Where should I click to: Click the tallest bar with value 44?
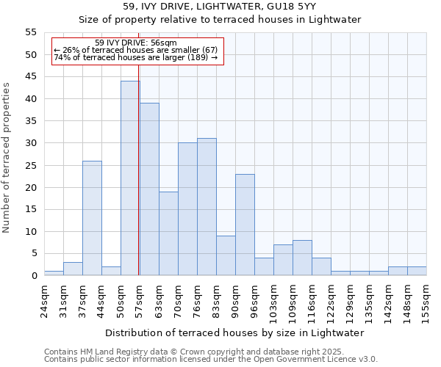pos(130,178)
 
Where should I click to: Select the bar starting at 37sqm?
pos(92,218)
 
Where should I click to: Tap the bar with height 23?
pos(245,225)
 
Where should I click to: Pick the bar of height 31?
pos(207,207)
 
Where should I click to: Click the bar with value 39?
pos(150,189)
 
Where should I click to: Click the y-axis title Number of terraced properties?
pos(7,158)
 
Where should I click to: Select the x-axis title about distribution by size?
pos(234,333)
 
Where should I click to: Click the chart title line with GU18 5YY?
pos(220,7)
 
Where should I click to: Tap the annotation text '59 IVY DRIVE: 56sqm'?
pos(136,43)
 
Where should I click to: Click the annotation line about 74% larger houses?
pos(136,57)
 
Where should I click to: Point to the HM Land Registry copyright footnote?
pos(193,352)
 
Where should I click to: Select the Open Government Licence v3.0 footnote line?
pos(210,360)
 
